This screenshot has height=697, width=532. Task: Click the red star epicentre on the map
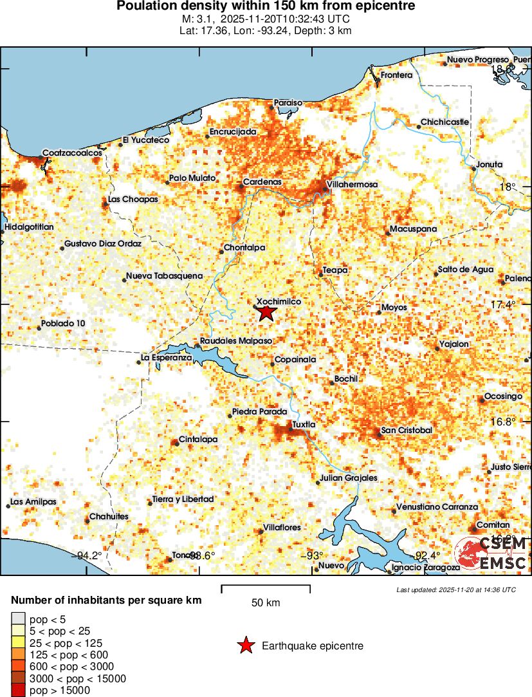(267, 313)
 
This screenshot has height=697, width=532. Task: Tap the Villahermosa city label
(352, 185)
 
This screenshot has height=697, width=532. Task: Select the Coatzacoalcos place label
(72, 154)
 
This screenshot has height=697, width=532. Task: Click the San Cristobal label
(407, 430)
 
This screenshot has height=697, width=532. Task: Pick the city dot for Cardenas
(242, 187)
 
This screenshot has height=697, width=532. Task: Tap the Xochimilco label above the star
(279, 301)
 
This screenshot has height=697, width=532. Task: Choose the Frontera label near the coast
(396, 75)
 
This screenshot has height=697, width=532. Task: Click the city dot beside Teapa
(320, 275)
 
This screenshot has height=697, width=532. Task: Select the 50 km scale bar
(266, 587)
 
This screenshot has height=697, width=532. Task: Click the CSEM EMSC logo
(491, 553)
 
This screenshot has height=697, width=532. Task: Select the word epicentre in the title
(385, 6)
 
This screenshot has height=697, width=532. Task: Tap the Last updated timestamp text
(456, 590)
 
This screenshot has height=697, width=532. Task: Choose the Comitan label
(495, 525)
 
